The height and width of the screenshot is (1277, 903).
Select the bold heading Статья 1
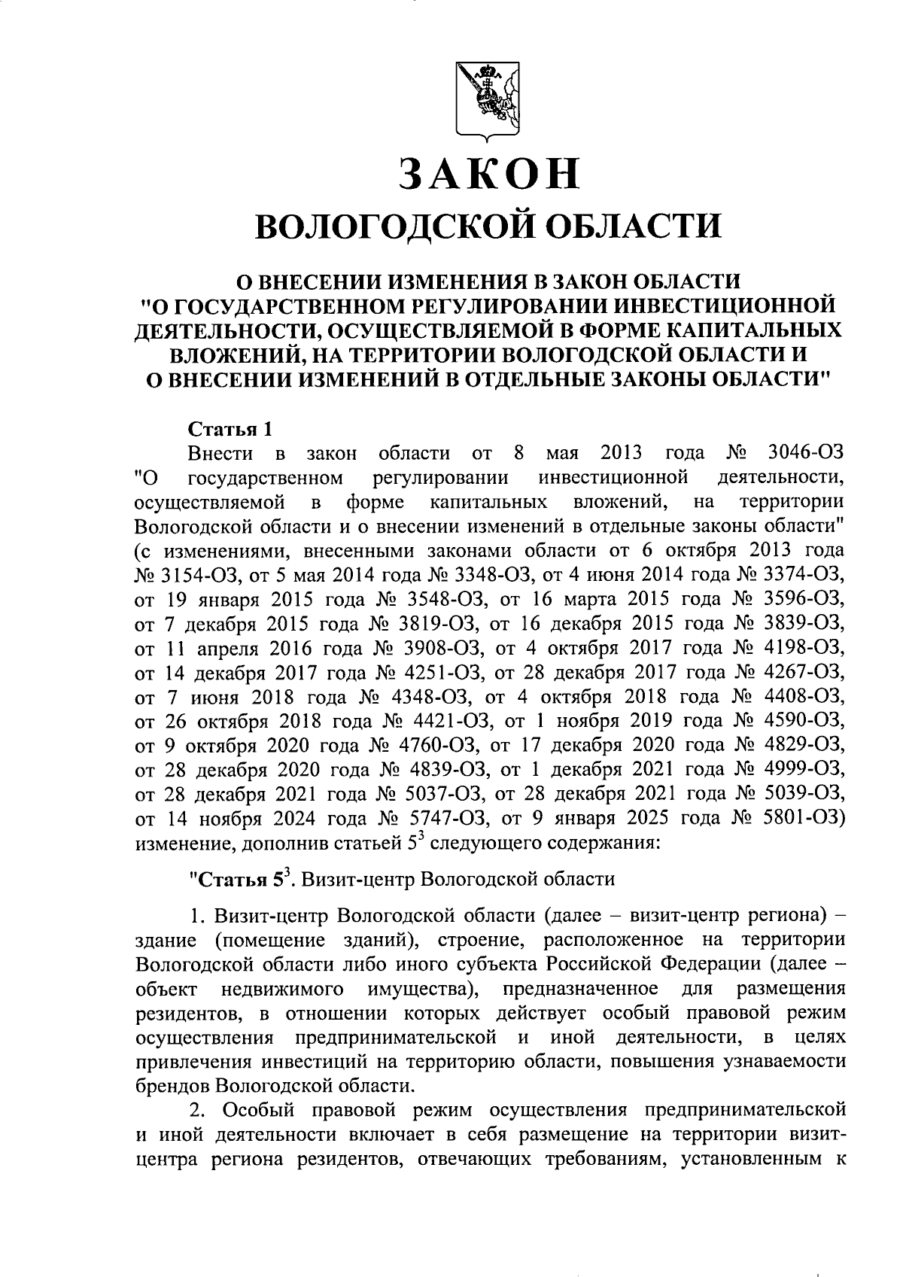[x=230, y=430]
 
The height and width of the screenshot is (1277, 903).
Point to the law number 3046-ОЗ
[x=804, y=454]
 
